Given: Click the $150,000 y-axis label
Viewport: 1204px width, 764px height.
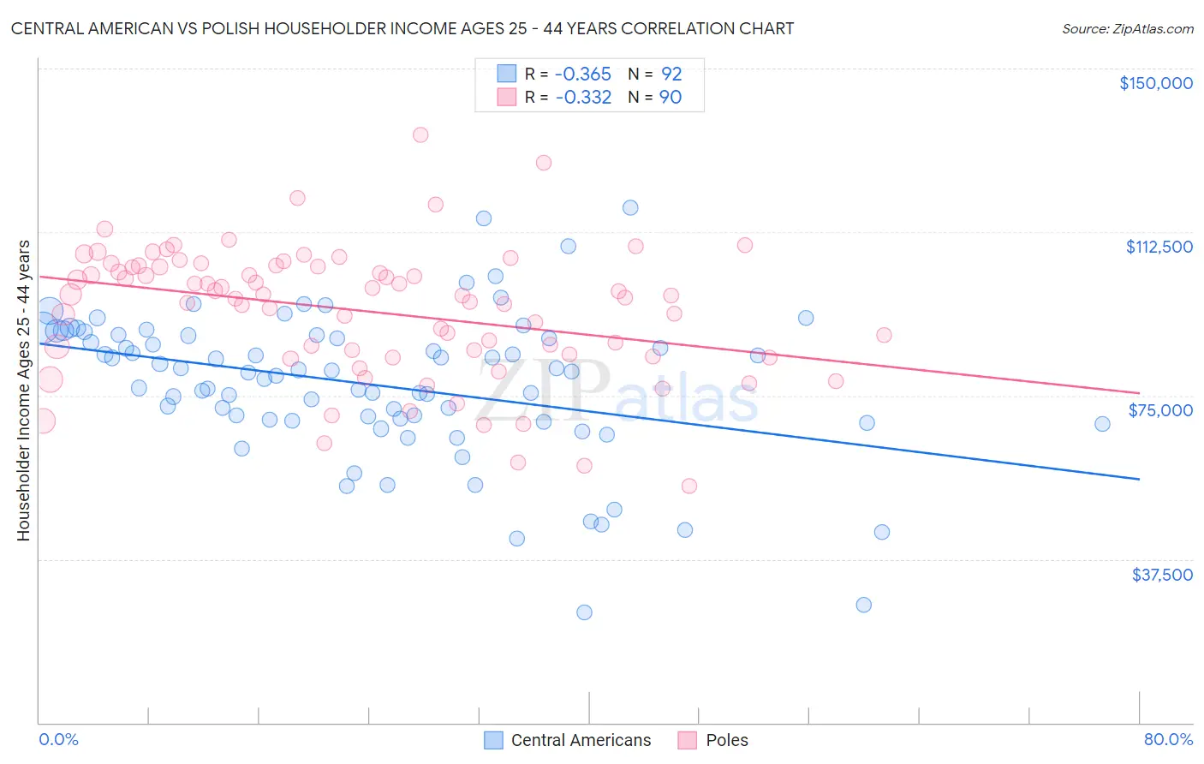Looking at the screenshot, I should [x=1155, y=83].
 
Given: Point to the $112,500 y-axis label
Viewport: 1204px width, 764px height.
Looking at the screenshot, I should [x=1159, y=247].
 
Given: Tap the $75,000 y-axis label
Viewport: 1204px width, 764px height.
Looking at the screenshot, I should [x=1160, y=410].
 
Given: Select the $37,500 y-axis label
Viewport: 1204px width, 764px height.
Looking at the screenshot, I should [x=1162, y=575].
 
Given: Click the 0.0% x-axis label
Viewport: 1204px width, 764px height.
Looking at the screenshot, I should [x=58, y=739].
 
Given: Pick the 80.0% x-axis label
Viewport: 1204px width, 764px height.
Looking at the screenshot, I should [x=1168, y=739].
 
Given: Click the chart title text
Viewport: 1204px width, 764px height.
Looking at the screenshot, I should [x=402, y=28].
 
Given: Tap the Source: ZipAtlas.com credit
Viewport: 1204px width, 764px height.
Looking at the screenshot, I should [x=1127, y=28].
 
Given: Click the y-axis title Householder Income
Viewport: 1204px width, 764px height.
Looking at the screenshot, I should [x=24, y=391].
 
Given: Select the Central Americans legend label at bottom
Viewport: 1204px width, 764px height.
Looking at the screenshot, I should [x=581, y=740].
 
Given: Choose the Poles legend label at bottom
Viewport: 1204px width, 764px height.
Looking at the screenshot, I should [x=727, y=740].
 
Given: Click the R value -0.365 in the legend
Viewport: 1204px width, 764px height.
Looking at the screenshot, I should [x=583, y=74].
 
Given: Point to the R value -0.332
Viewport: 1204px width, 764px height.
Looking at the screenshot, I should [x=583, y=97].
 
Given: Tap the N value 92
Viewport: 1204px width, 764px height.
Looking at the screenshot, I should [x=671, y=74].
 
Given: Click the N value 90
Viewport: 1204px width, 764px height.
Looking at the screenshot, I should [x=671, y=97].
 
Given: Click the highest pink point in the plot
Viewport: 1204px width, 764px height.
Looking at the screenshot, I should [x=420, y=134].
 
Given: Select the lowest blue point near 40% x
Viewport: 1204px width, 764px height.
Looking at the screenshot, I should [x=584, y=612].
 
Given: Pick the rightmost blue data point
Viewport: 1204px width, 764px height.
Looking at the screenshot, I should [x=1102, y=424].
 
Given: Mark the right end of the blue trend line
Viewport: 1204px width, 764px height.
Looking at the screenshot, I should [x=1139, y=479].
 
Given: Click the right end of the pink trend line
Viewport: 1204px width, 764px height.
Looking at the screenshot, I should [x=1139, y=392].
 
